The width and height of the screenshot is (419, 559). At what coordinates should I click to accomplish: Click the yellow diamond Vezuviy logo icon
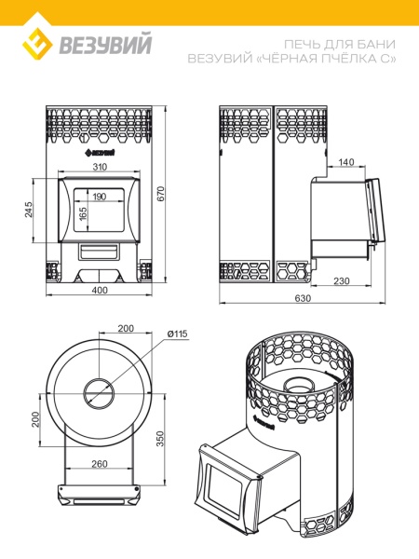[x=37, y=44]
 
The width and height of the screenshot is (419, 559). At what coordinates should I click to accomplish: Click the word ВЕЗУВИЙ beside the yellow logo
[x=105, y=44]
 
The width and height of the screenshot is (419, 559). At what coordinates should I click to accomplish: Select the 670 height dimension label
[x=161, y=194]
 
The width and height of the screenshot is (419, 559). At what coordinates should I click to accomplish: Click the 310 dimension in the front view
[x=100, y=167]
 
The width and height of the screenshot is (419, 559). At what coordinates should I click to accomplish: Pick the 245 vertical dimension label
[x=29, y=210]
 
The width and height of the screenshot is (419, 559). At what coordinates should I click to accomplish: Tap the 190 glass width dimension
[x=99, y=197]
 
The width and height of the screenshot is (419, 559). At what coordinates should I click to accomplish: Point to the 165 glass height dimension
[x=83, y=214]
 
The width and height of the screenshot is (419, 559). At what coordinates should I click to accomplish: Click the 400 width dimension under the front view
[x=100, y=290]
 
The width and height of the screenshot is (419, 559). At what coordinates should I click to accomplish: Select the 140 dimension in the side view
[x=346, y=162]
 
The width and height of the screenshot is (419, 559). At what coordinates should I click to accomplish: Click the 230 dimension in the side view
[x=342, y=281]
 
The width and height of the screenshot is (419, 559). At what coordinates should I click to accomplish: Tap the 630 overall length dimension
[x=303, y=298]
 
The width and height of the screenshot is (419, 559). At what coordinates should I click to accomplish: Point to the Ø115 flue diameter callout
[x=177, y=334]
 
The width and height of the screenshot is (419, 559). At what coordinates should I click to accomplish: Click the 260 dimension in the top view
[x=100, y=464]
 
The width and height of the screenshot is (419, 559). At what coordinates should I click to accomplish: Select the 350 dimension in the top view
[x=160, y=439]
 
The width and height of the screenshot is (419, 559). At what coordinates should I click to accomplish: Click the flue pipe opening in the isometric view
[x=299, y=384]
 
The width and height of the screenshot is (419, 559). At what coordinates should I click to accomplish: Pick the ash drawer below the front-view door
[x=99, y=252]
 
